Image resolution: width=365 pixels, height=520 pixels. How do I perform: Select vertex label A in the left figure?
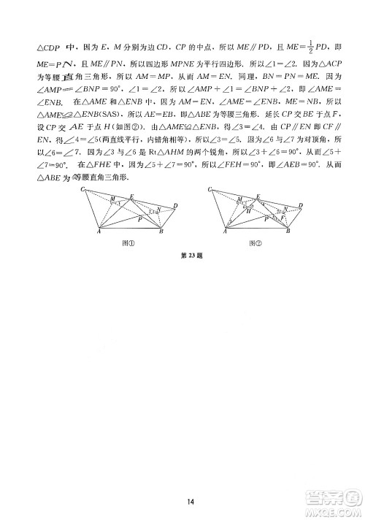pyautogui.click(x=99, y=233)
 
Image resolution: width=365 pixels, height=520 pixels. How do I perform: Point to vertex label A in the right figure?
pyautogui.click(x=226, y=233)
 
